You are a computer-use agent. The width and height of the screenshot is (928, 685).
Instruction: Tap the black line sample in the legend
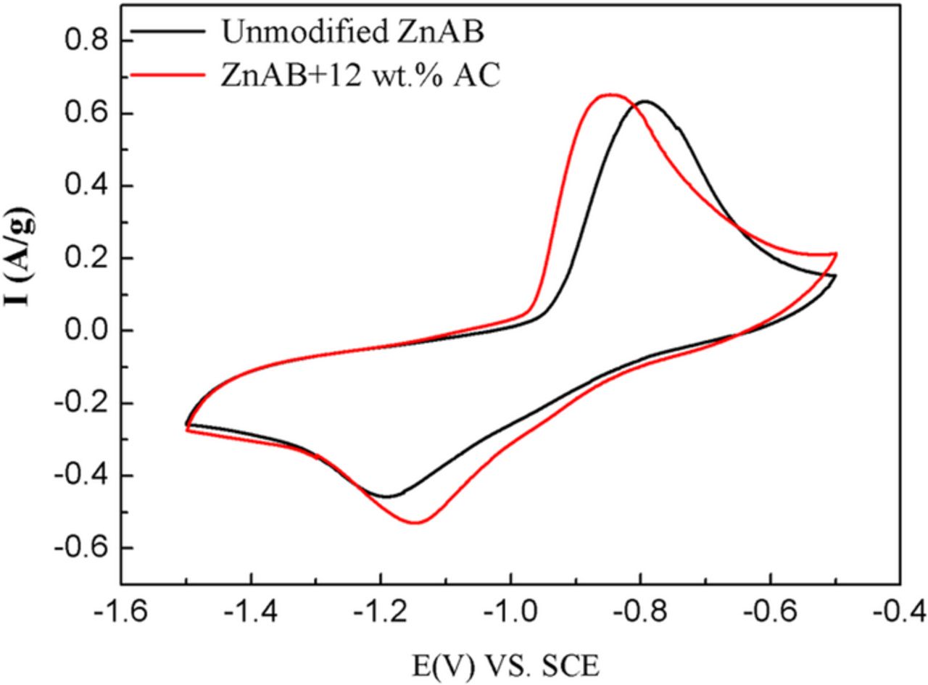point(173,33)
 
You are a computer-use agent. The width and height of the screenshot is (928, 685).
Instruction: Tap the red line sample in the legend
point(173,75)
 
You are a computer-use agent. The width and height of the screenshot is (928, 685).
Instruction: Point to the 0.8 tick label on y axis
point(80,41)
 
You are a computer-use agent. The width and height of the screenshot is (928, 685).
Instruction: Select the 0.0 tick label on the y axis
point(80,331)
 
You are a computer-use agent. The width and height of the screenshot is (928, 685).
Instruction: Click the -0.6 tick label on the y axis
point(75,547)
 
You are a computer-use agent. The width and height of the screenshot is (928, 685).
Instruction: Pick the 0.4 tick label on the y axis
point(80,186)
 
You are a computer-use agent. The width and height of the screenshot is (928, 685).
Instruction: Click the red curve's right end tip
point(837,254)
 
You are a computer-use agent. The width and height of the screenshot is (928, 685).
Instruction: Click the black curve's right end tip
point(836,275)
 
